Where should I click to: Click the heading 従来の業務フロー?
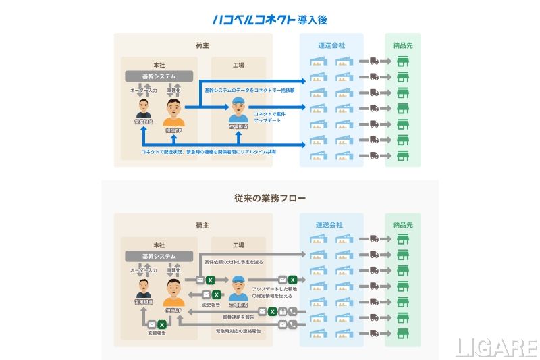[x=270, y=199]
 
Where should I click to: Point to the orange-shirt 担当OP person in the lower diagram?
[x=173, y=292]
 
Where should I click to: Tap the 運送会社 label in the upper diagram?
[x=331, y=45]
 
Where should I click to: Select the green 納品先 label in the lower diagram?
[x=402, y=225]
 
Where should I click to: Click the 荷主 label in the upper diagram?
[x=194, y=45]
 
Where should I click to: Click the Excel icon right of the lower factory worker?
[x=293, y=279]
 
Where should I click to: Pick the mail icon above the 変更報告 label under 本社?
[x=153, y=322]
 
